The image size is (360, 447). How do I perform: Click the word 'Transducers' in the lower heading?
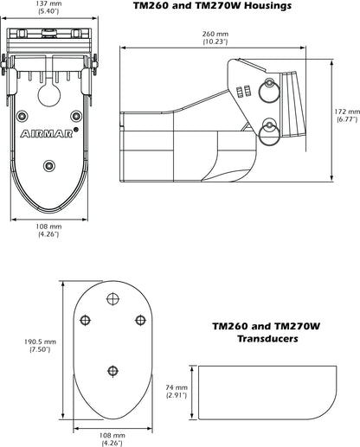pyautogui.click(x=267, y=340)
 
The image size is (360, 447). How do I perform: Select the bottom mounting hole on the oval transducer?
pyautogui.click(x=111, y=371)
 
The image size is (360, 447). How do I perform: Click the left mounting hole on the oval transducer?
pyautogui.click(x=84, y=321)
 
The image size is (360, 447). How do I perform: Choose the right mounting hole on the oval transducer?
pyautogui.click(x=138, y=321)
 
